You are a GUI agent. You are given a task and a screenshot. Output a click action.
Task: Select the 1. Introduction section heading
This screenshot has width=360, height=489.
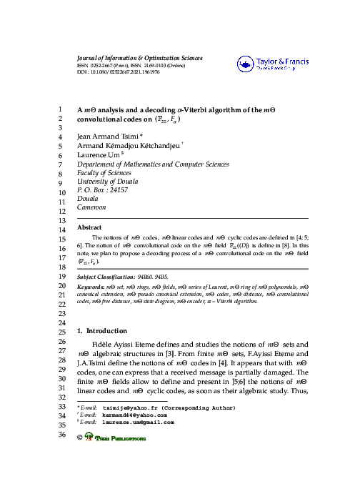[101, 332]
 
